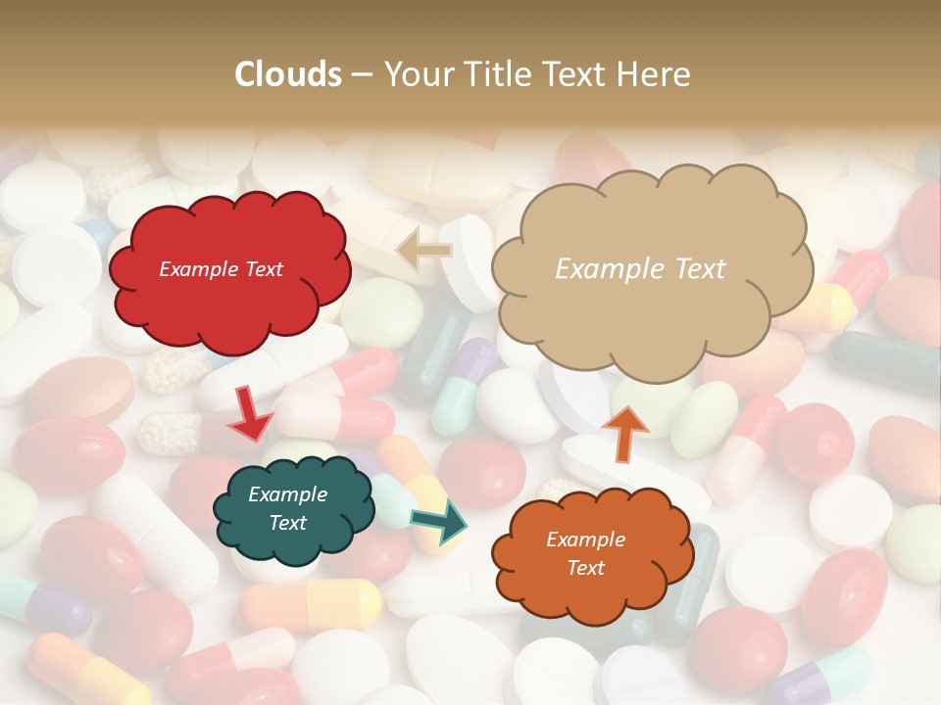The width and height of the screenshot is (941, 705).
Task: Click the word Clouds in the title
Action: point(288,74)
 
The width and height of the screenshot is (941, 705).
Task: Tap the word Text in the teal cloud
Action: point(288,523)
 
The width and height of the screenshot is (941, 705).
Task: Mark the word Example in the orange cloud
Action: point(585,540)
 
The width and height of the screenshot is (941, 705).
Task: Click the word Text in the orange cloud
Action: point(585,568)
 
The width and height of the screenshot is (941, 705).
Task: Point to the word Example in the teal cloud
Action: point(288,494)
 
